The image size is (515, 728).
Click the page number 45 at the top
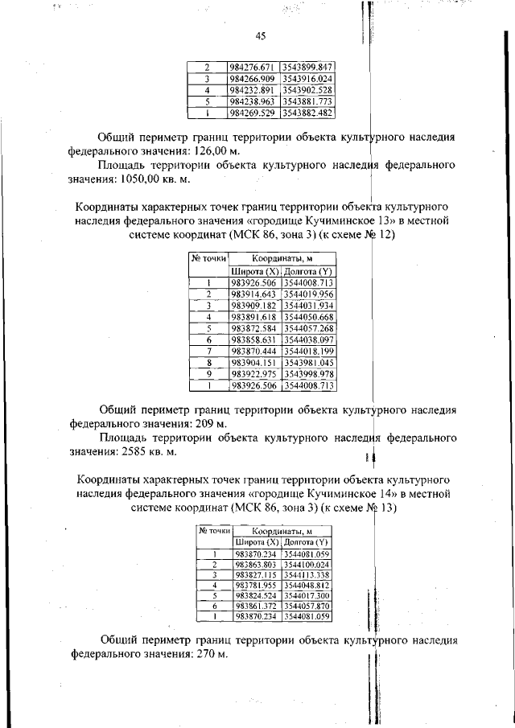click(x=260, y=36)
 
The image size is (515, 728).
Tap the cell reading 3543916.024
click(x=307, y=79)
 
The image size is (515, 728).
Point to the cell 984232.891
click(x=252, y=90)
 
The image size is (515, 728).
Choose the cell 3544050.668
click(x=308, y=317)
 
